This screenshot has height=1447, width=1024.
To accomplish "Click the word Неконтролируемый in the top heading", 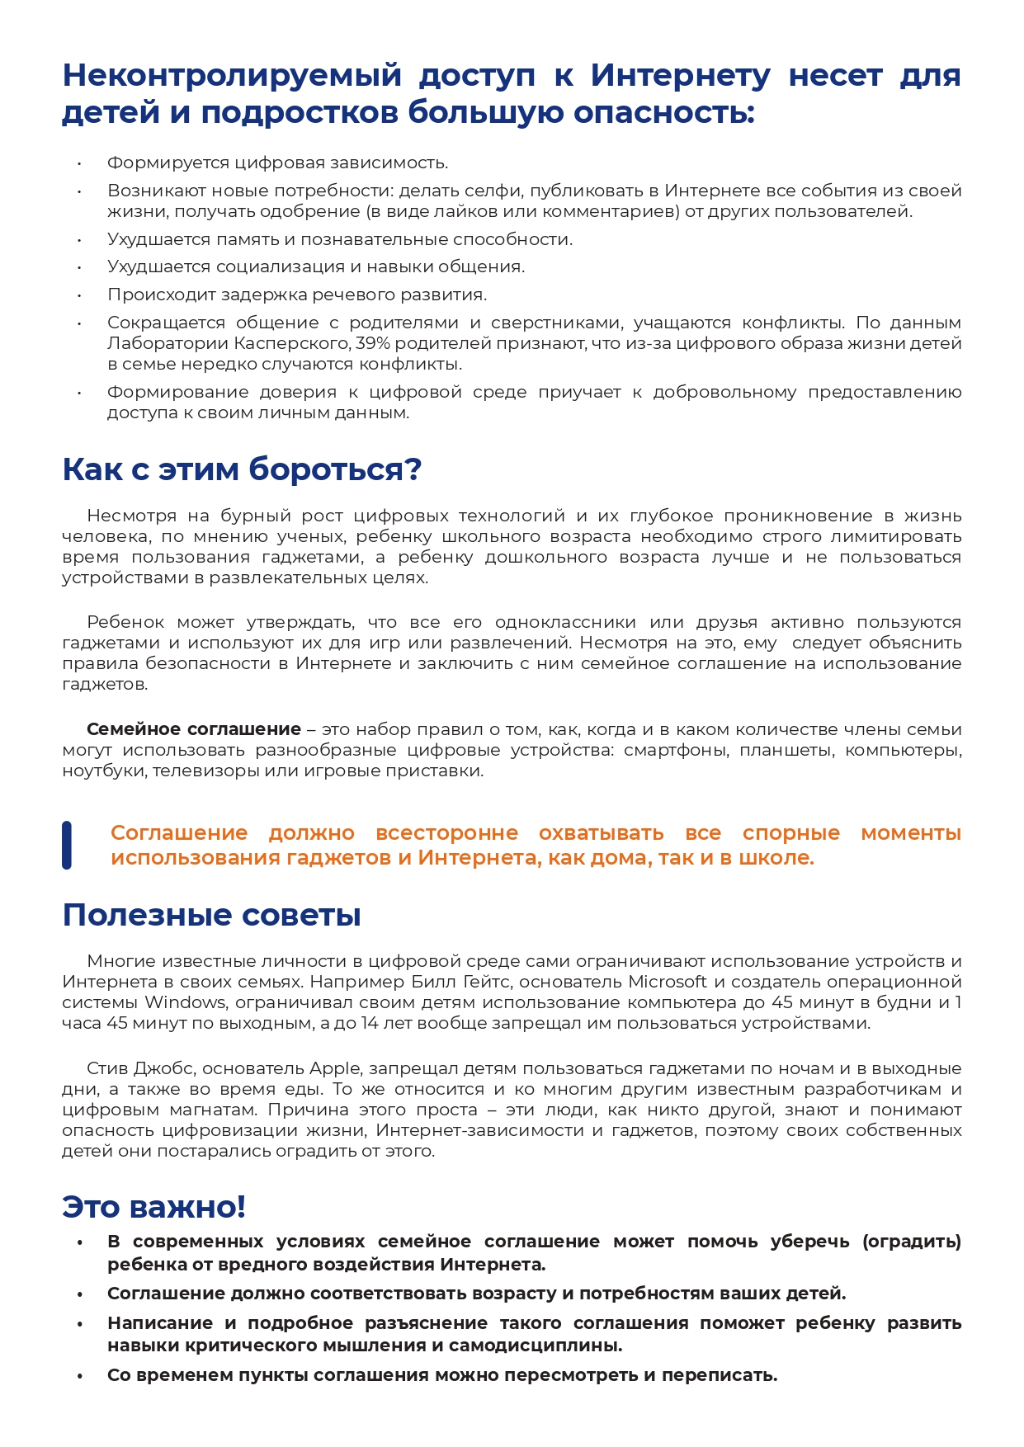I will [232, 76].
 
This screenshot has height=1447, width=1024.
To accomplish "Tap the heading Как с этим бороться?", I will [242, 469].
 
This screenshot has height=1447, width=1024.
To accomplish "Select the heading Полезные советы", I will [212, 915].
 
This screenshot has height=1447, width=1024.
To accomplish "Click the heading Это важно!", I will [154, 1206].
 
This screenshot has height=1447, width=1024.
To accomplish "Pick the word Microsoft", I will [668, 982].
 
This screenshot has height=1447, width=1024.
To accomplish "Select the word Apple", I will [335, 1068].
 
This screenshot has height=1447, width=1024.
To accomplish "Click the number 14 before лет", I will [370, 1023].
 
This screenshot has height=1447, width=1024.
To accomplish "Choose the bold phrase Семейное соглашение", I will [194, 729].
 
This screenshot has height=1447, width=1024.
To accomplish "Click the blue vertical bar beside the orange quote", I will [67, 845].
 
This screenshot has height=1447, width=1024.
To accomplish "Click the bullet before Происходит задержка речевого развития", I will [80, 295].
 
